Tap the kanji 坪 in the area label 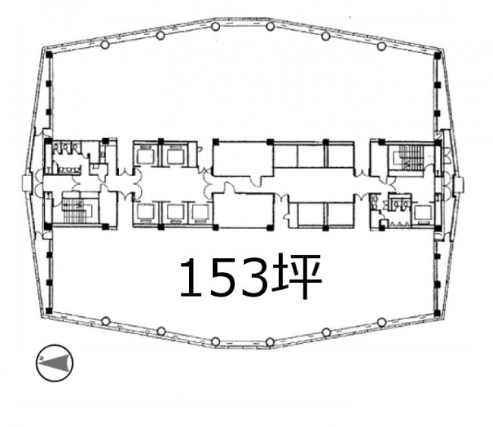coord(298,276)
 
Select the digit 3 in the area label coord(254,277)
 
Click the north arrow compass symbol coord(55,363)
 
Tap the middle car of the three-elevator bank coord(176,212)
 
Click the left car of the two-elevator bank coord(146,155)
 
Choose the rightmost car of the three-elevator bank coord(200,212)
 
